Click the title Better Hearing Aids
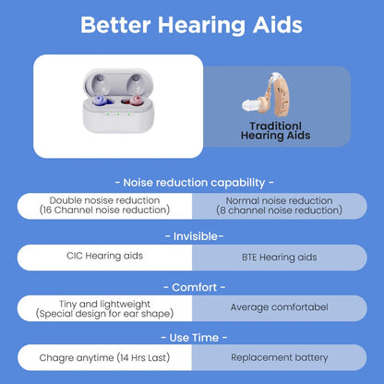point(192,25)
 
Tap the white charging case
point(118,107)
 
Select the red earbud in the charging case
point(136,97)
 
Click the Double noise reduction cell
point(104,205)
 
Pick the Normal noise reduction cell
point(279,205)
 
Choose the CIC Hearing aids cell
point(104,256)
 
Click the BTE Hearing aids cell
point(279,256)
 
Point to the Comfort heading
point(192,286)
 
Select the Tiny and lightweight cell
point(104,307)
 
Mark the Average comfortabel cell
point(279,307)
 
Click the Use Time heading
point(192,337)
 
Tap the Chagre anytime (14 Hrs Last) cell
point(104,356)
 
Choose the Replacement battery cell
point(279,356)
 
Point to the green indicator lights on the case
point(119,115)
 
